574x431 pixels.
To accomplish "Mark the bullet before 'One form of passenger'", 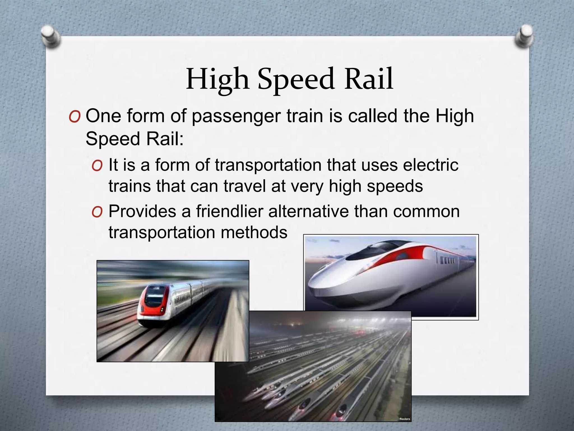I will [x=75, y=117].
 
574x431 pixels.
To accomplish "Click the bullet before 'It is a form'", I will [x=97, y=166].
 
